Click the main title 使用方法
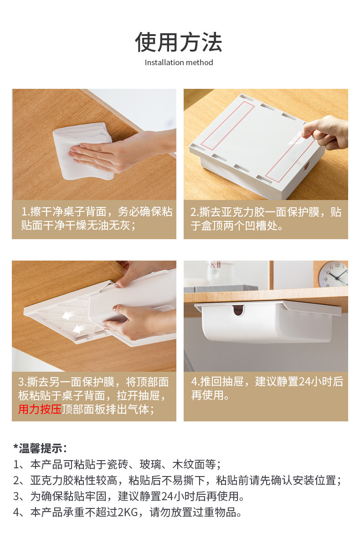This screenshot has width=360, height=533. coord(179,42)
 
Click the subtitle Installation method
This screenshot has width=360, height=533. coord(179,62)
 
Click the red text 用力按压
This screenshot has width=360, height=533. coord(40,409)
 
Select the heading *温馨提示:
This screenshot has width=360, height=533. coord(40,448)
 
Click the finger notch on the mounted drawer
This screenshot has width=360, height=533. coord(238,310)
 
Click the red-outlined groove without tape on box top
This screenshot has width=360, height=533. coord(227,125)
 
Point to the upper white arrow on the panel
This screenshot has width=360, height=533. coord(68,316)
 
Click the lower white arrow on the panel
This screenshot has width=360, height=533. coord(80,328)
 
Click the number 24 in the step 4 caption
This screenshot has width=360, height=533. coord(304,382)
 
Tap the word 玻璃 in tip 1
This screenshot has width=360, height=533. coord(150,464)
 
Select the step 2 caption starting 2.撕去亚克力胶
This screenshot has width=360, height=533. coord(266,219)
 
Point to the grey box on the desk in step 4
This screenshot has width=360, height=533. coord(221,288)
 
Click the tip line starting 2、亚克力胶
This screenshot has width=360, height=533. coord(177,480)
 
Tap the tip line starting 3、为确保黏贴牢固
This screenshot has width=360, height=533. coord(129,496)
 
